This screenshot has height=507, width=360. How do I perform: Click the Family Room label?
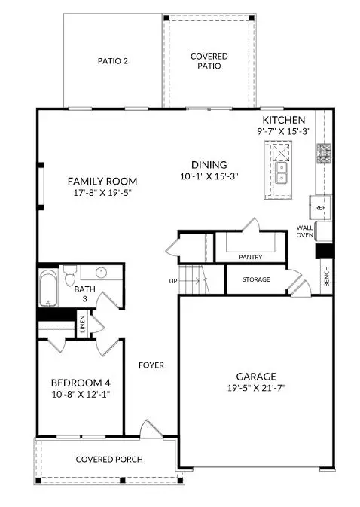point(102,181)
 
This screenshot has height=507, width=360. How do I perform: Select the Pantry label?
point(250,257)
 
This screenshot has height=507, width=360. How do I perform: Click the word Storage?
point(256,279)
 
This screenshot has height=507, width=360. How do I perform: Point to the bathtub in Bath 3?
point(48,289)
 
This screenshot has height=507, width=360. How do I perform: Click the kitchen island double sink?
point(282,179)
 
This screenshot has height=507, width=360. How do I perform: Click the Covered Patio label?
point(209,61)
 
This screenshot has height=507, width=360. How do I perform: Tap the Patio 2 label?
point(113,61)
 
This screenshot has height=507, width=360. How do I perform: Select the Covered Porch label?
point(109,460)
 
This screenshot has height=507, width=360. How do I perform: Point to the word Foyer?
point(151,365)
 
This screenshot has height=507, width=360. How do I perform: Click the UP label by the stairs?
point(172,281)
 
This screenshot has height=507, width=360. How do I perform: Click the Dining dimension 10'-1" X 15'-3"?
point(209,178)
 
